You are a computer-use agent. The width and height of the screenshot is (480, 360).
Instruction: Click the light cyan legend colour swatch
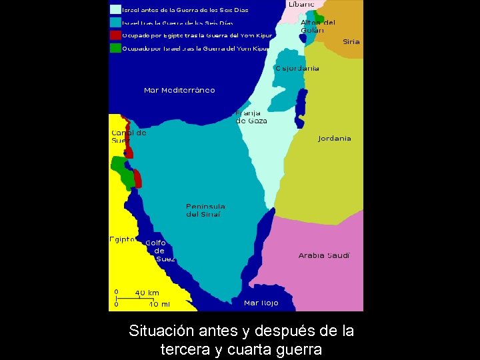115,10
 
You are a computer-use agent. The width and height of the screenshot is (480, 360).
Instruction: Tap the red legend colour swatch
115,35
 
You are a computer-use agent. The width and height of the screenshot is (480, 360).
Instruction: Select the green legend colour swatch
115,48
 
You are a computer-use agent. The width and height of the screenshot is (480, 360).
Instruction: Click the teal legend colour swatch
115,22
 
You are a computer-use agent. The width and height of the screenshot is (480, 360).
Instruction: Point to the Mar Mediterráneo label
179,90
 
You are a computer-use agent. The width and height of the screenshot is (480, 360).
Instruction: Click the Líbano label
301,4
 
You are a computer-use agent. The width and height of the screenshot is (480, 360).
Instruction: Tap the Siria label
351,41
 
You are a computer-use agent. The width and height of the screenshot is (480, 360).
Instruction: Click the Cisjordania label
297,68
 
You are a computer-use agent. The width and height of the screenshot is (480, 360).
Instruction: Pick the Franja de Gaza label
251,117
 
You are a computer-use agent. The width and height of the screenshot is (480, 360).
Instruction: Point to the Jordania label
335,139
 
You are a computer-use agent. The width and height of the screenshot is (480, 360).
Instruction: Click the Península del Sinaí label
205,210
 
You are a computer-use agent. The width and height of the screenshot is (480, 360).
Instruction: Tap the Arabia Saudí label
324,255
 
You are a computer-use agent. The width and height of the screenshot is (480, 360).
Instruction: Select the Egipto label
123,239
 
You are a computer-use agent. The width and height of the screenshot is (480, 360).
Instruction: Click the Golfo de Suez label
159,251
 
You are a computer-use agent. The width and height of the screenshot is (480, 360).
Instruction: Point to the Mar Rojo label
261,303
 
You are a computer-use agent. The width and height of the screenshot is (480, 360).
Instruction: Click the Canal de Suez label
128,137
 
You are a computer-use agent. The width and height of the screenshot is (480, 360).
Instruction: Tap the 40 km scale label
147,293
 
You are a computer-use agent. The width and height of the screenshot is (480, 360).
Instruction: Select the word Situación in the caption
160,331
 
